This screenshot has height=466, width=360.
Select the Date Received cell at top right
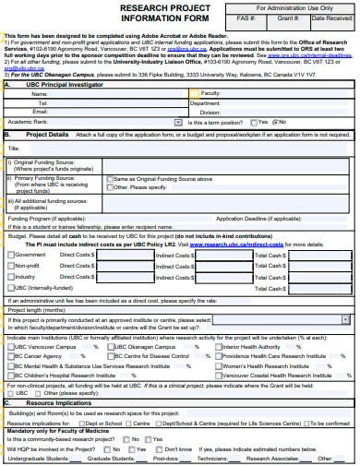330,18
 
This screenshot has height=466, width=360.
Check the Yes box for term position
253,122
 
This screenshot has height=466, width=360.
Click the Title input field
185,148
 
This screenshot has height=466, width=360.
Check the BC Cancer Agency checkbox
9,355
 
